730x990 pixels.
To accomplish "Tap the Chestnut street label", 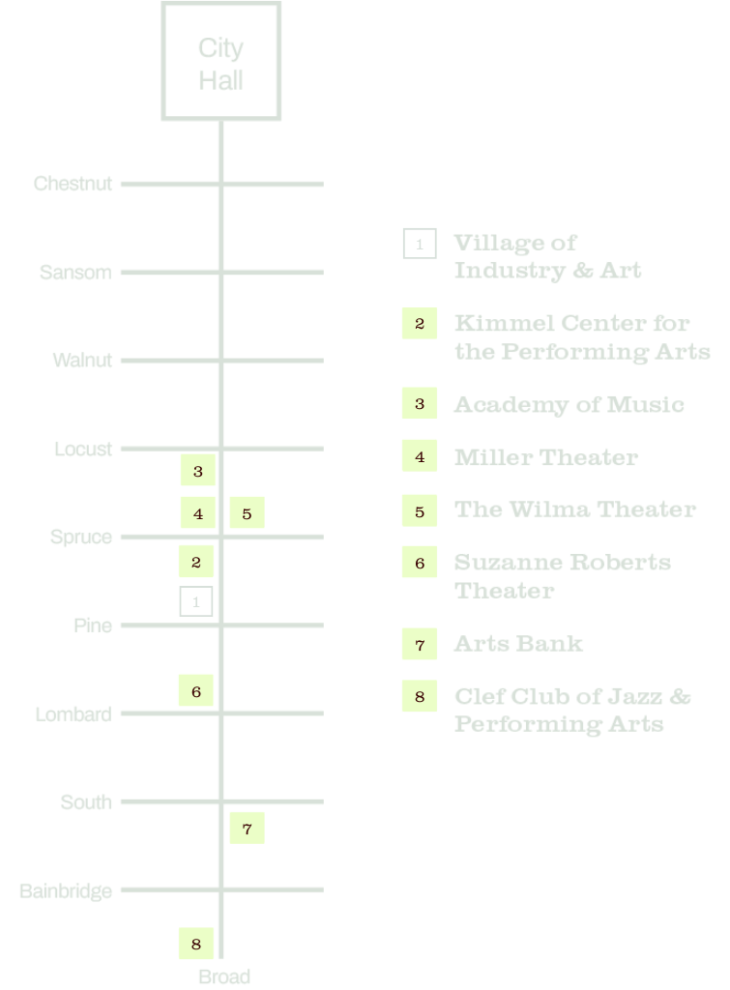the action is pos(73,184).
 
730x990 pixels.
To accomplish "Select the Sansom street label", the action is pos(75,273).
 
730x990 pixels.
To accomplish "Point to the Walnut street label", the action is pos(82,361).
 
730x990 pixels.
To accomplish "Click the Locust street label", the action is pos(83,450).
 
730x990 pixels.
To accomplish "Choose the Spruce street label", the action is pos(81,538).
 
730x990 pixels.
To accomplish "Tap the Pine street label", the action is pos(93,626).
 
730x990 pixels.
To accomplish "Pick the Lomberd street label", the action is pos(73,714).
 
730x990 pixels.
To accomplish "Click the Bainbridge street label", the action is pos(66,890).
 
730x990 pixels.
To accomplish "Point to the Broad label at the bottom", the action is pos(224,976).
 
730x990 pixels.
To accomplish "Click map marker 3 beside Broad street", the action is pos(197,471).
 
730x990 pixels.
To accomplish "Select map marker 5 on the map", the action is pos(247,513).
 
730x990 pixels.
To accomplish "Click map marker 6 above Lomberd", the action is pos(196,690).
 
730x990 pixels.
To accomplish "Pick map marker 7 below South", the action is pos(247,828).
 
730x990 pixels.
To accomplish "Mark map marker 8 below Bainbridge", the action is pos(196,944).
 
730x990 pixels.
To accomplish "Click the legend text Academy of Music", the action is pos(569,404).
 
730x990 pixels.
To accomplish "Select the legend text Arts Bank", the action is pos(518,643).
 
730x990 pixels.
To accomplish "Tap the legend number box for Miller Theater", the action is pos(420,456).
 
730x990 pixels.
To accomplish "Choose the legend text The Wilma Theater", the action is pos(574,509).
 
